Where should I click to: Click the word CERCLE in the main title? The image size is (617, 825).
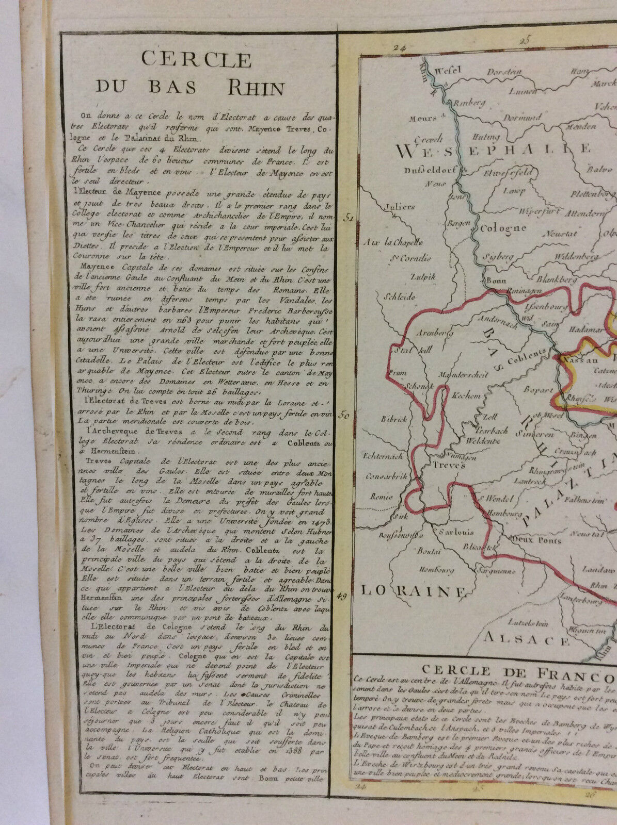coord(196,60)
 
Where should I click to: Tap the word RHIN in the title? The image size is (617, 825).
coord(256,88)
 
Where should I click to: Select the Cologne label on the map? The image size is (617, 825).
coord(503,227)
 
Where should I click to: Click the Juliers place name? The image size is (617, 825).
coord(400,207)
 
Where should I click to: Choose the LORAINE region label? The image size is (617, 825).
coord(413,591)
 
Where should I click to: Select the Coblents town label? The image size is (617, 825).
coord(527,356)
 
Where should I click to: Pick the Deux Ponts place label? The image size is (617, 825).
coord(537,540)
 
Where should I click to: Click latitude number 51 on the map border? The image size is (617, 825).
coord(349,218)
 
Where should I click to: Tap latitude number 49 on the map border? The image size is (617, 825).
coord(341,597)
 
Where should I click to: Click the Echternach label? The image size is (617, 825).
coord(384,456)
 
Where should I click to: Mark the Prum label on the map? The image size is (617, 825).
coord(400,373)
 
